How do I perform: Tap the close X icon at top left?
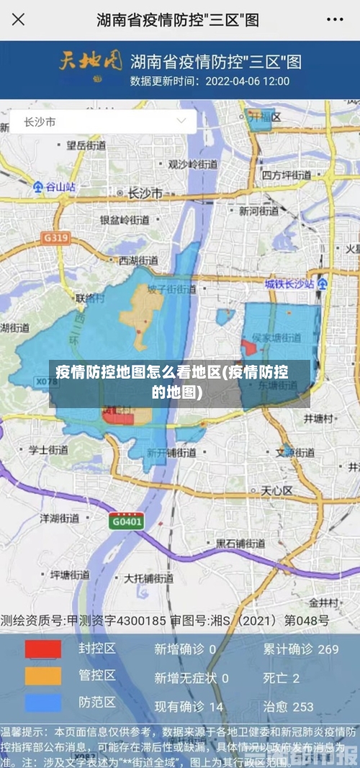pos(18,19)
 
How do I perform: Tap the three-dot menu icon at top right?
pos(337,19)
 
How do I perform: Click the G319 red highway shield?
pos(55,237)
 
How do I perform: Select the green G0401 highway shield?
pos(126,521)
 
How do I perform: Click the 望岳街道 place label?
pos(86,145)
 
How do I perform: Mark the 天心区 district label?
pos(276,491)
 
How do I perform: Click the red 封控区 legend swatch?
pos(43,649)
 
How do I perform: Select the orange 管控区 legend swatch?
pos(43,676)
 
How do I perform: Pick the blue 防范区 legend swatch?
pos(43,703)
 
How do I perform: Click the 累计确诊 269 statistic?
pos(300,649)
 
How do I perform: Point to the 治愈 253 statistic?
pos(288,707)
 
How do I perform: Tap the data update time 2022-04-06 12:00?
pos(210,81)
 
